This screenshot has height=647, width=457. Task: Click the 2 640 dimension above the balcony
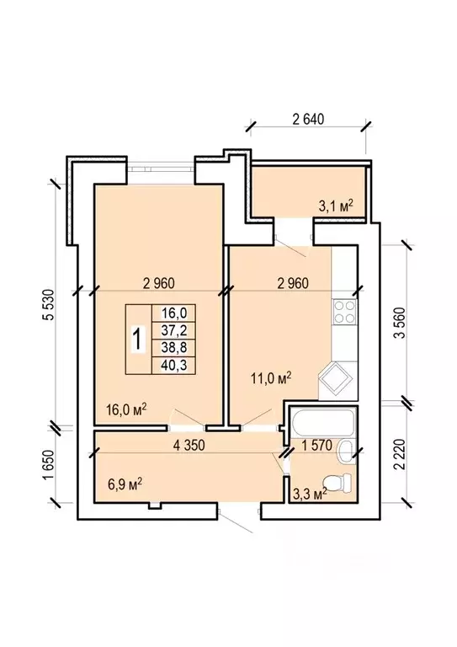[308, 120]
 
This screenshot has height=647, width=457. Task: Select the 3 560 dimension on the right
[399, 323]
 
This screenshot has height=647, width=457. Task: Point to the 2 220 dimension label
[399, 454]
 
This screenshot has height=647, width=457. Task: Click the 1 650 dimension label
[48, 465]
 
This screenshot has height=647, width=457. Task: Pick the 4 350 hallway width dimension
[189, 445]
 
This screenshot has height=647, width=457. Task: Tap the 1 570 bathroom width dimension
[316, 445]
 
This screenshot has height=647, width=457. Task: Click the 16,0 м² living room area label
[126, 409]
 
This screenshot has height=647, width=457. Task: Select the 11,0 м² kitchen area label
[272, 377]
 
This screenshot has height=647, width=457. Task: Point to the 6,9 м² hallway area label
[125, 484]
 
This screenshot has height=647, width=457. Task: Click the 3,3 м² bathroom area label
[310, 493]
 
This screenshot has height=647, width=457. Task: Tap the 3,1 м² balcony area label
[337, 206]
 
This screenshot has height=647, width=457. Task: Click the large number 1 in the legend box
[139, 340]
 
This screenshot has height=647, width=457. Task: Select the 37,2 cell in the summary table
[174, 330]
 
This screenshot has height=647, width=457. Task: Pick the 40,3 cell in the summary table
[174, 365]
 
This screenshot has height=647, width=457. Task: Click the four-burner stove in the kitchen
[344, 312]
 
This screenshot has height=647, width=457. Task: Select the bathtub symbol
[321, 422]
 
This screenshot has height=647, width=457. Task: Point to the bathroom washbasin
[345, 451]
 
